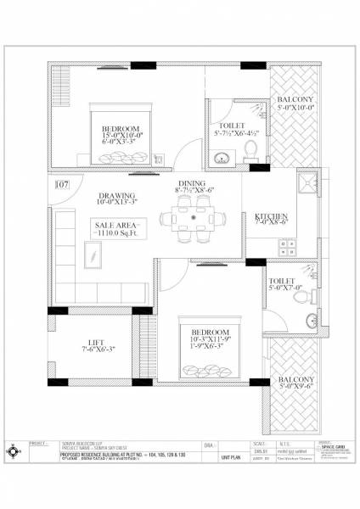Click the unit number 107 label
[61, 183]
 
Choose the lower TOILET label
[280, 281]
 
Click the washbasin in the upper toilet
[222, 156]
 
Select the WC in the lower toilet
[311, 322]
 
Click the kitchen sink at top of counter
[303, 184]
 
